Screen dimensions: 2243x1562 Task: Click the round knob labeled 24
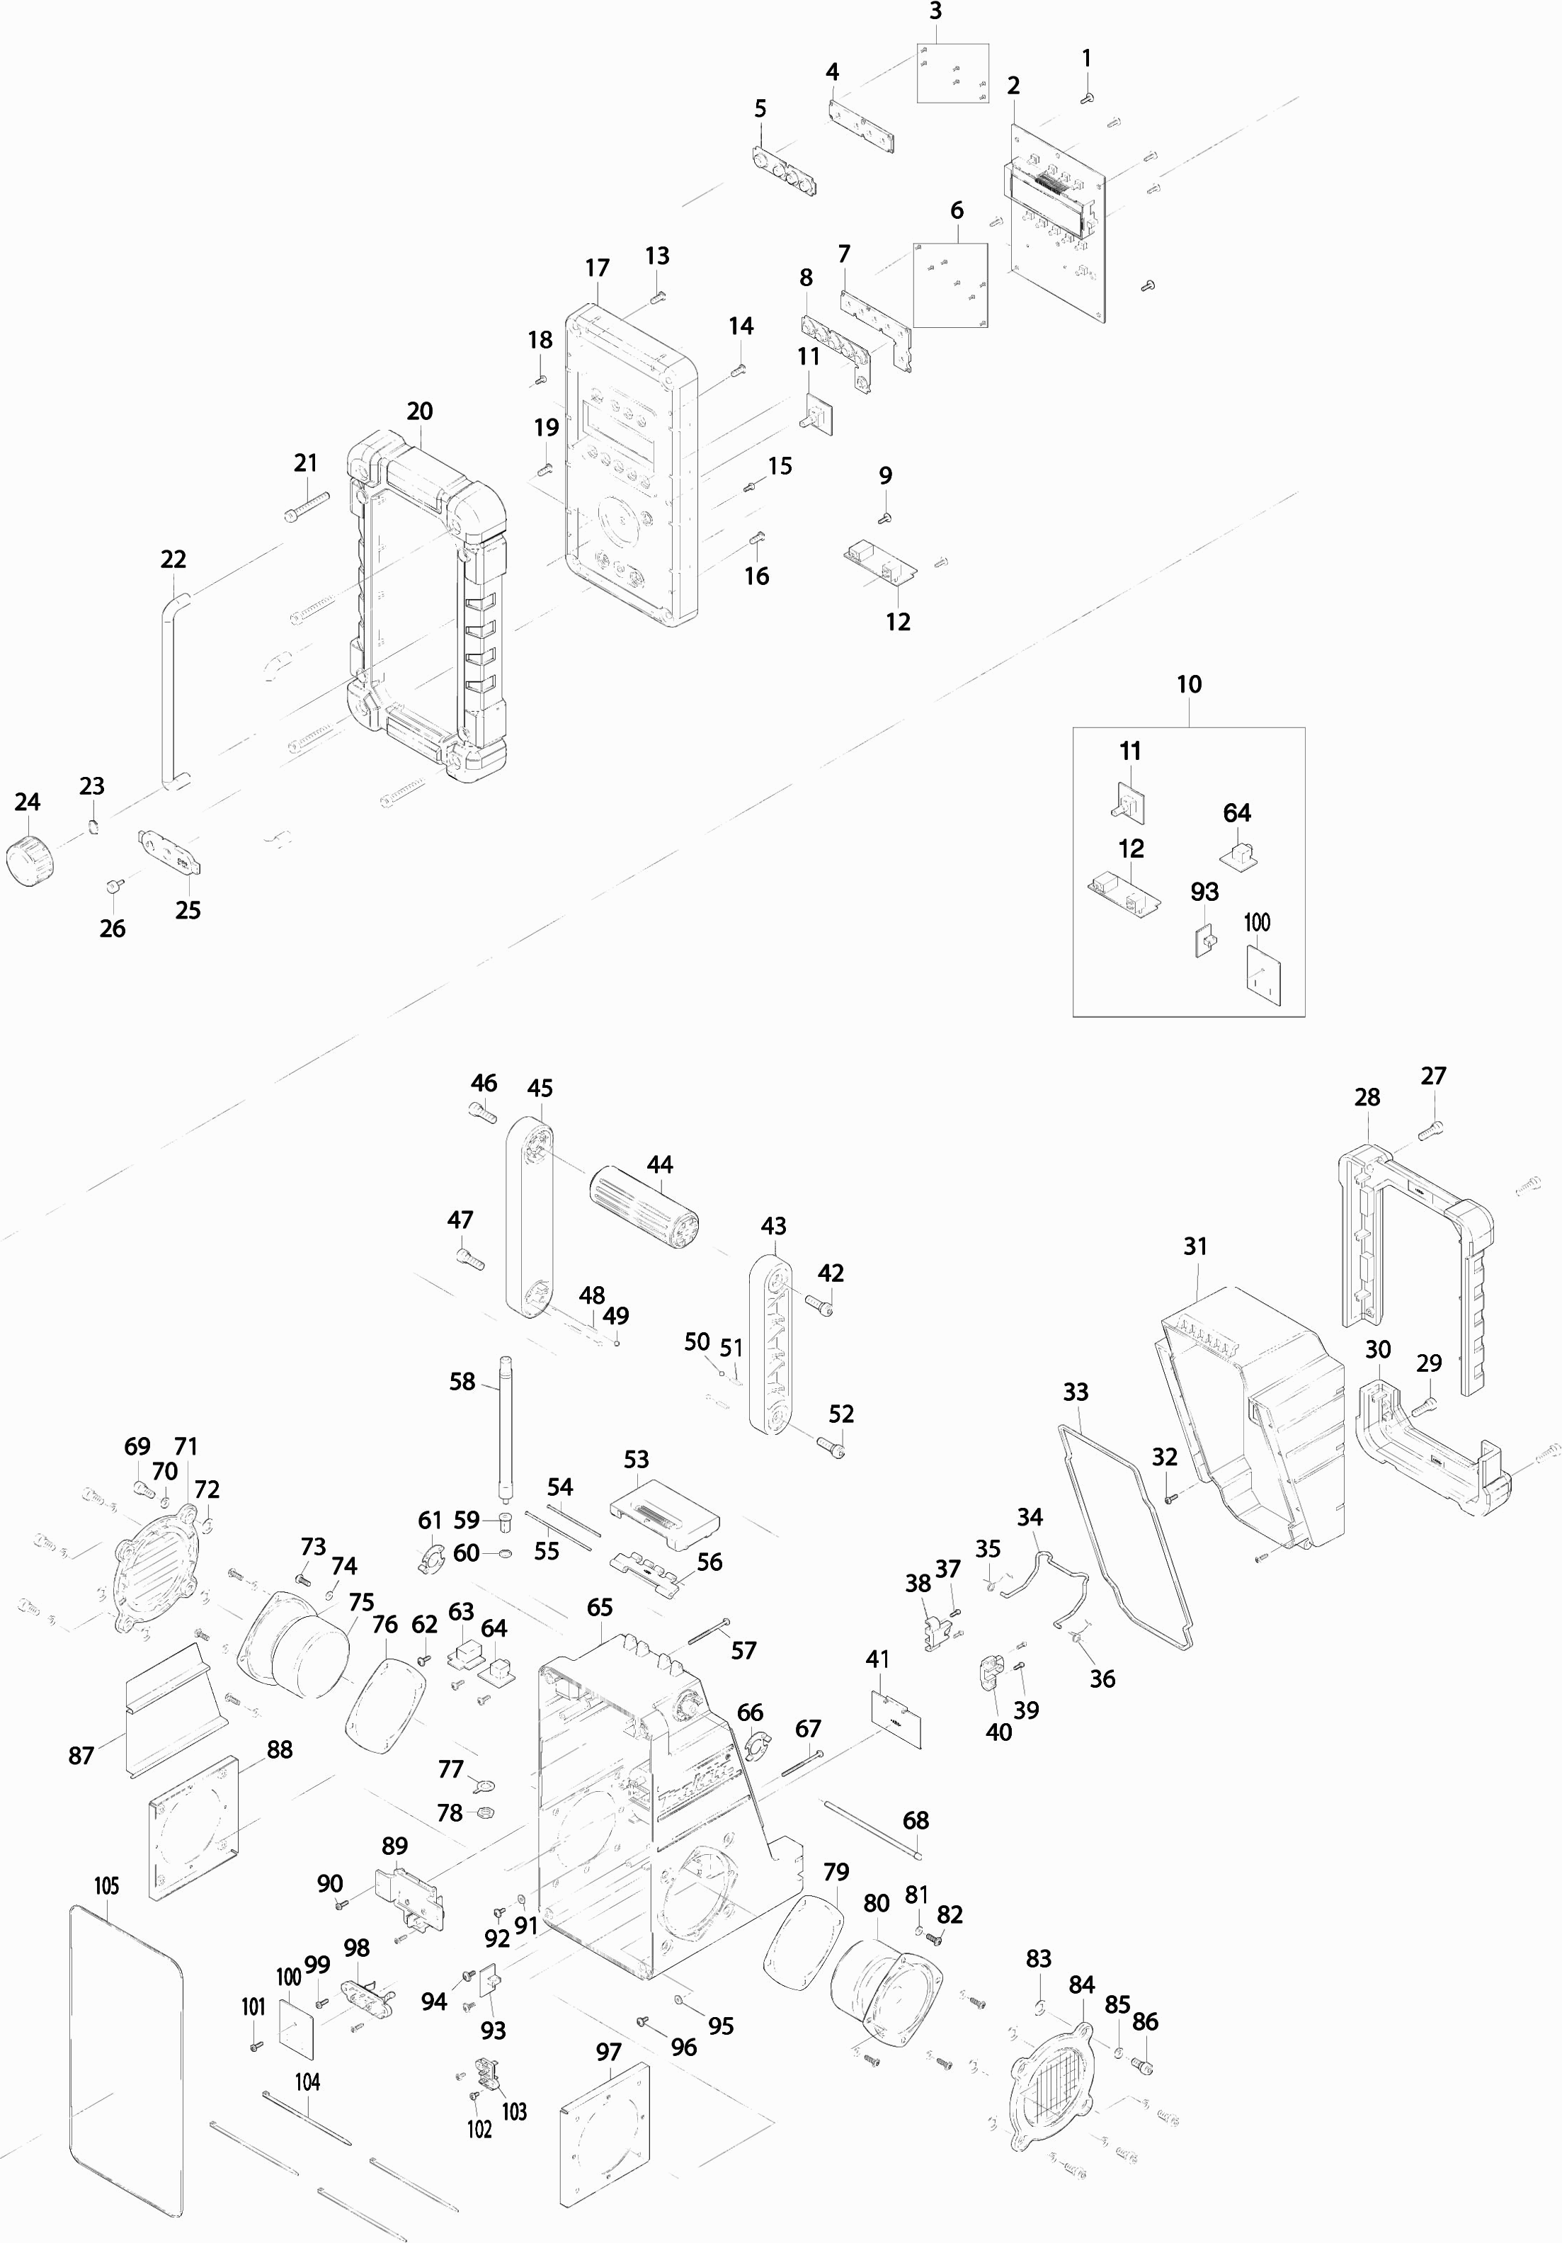[x=29, y=861]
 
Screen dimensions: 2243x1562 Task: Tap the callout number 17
[x=597, y=268]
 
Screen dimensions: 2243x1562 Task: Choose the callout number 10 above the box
[x=1189, y=684]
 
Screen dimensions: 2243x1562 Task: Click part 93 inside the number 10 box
[x=1205, y=941]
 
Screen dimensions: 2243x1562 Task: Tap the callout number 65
[x=600, y=1607]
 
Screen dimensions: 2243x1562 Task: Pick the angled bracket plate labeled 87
[x=174, y=1708]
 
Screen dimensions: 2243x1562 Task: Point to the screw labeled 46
[x=484, y=1113]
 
